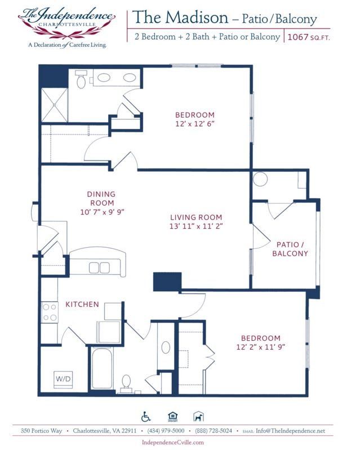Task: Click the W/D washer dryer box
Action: pyautogui.click(x=63, y=379)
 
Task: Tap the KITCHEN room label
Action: pyautogui.click(x=82, y=304)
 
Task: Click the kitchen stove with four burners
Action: pyautogui.click(x=50, y=312)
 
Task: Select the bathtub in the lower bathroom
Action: pyautogui.click(x=102, y=369)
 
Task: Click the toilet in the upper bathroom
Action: pyautogui.click(x=82, y=81)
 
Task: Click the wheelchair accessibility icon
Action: pyautogui.click(x=146, y=416)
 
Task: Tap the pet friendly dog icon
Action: pyautogui.click(x=199, y=417)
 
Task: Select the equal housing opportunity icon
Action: pyautogui.click(x=172, y=417)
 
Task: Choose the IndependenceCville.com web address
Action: pyautogui.click(x=172, y=443)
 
